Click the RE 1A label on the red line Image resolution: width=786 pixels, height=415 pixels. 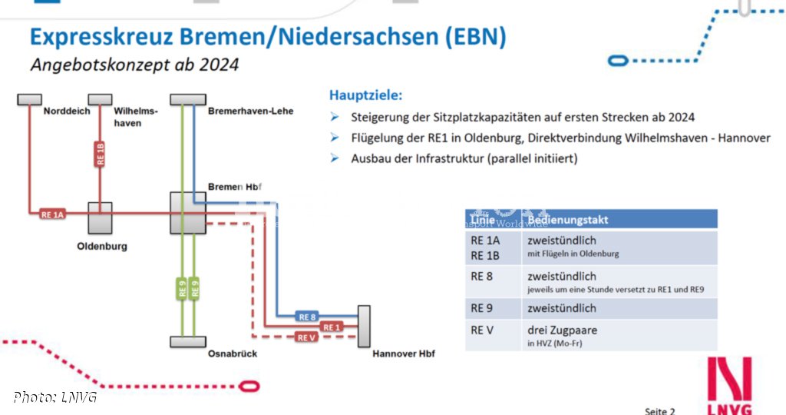[53, 214]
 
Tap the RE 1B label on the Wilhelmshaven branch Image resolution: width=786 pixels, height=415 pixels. [100, 154]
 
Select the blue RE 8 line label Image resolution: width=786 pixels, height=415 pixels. [308, 317]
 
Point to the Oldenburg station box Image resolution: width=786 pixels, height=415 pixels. [100, 219]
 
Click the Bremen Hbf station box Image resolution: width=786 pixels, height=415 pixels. [188, 213]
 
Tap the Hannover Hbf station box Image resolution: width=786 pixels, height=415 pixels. [364, 326]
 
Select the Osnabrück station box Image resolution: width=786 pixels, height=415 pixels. [188, 341]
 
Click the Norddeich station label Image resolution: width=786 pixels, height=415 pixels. [67, 111]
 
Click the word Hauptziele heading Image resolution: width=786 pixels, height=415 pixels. [365, 95]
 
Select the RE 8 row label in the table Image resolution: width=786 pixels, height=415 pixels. [482, 277]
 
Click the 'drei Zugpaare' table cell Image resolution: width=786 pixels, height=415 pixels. [562, 330]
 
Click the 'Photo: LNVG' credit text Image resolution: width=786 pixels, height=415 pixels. [54, 397]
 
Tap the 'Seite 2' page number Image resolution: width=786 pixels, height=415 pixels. [659, 410]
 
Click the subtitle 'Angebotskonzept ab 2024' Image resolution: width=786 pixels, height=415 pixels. [134, 65]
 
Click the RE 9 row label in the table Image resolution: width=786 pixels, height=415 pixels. [482, 309]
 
